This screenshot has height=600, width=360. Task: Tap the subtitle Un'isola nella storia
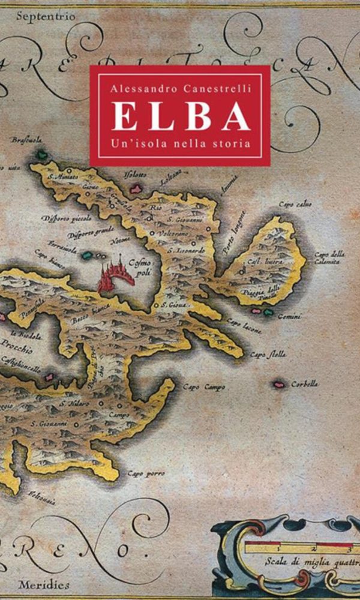click(180, 144)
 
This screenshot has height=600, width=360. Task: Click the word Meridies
click(43, 584)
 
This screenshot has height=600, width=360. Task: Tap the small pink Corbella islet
click(278, 383)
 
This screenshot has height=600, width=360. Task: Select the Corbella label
click(304, 383)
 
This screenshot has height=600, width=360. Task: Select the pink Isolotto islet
click(136, 188)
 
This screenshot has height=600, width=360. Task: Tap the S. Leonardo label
click(187, 250)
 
